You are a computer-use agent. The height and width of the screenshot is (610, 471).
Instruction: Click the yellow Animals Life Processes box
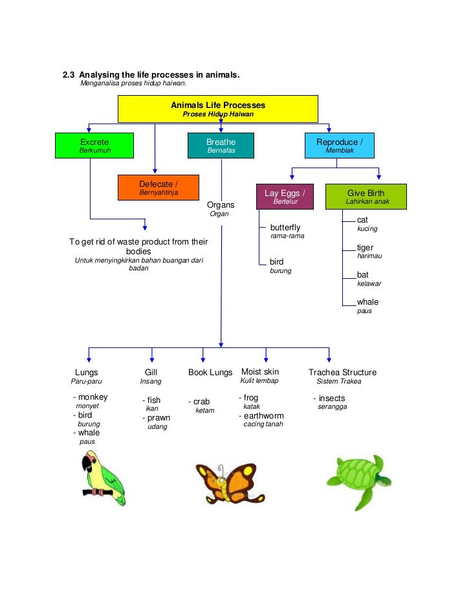pyautogui.click(x=217, y=109)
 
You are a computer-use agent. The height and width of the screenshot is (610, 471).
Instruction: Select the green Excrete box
pyautogui.click(x=94, y=146)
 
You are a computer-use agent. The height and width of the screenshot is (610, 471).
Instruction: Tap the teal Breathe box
pyautogui.click(x=221, y=146)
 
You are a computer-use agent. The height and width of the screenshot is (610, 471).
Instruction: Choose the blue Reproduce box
pyautogui.click(x=340, y=146)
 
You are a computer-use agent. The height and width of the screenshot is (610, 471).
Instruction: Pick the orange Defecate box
pyautogui.click(x=159, y=188)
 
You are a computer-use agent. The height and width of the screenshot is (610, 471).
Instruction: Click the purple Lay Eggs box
pyautogui.click(x=285, y=197)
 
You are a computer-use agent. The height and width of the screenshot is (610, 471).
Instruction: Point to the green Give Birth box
pyautogui.click(x=366, y=197)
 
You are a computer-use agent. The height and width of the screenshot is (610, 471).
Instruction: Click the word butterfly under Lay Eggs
pyautogui.click(x=285, y=228)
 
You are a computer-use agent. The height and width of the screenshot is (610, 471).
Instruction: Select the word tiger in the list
pyautogui.click(x=366, y=248)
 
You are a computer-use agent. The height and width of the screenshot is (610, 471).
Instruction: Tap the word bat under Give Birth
pyautogui.click(x=363, y=275)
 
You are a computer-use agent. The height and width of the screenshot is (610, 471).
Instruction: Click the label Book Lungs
pyautogui.click(x=210, y=373)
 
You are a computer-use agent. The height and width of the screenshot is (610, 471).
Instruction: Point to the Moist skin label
pyautogui.click(x=260, y=372)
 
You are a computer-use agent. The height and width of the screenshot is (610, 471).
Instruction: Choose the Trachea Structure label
pyautogui.click(x=342, y=373)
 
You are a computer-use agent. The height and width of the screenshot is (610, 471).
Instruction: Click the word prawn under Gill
pyautogui.click(x=159, y=418)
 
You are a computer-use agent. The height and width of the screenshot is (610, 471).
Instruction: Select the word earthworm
pyautogui.click(x=264, y=416)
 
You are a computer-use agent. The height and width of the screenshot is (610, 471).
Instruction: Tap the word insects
pyautogui.click(x=332, y=398)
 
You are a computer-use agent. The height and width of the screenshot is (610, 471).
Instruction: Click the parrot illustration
pyautogui.click(x=102, y=479)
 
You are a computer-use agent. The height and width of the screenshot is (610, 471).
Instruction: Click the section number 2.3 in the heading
pyautogui.click(x=69, y=76)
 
